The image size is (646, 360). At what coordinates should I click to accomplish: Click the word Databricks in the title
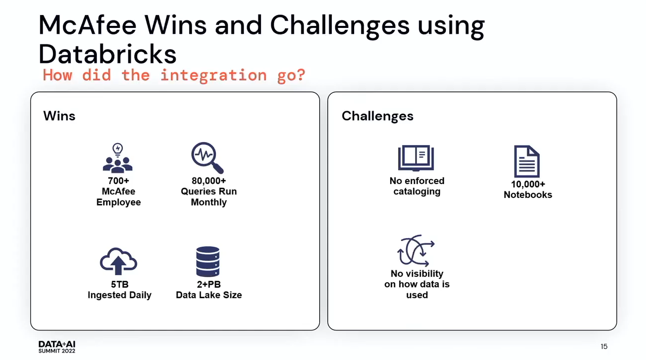coord(107,54)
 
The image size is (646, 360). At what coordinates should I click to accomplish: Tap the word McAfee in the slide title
coord(87,25)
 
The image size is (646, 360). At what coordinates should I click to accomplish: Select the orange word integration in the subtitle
coord(214,75)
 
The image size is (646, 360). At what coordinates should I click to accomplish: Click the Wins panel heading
coord(59,116)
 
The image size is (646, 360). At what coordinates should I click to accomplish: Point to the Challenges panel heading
coord(378,116)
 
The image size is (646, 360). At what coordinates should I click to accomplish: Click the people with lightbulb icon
coord(118,158)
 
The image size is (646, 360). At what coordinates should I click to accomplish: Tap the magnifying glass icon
coord(208,158)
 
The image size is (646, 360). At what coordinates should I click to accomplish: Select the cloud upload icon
coord(118,261)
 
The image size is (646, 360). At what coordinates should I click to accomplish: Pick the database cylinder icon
coord(208,261)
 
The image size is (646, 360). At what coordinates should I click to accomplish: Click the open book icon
coord(416,158)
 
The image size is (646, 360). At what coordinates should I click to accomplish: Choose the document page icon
coord(527,161)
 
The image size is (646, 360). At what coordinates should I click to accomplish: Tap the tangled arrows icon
coord(416,250)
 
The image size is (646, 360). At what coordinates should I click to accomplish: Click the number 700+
coord(119,180)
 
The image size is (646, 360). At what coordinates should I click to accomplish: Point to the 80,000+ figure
coord(209,180)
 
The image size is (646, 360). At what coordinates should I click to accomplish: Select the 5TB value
coord(119,284)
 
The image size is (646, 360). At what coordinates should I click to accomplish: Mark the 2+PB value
coord(209,284)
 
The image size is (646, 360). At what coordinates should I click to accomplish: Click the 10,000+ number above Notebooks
coord(528,184)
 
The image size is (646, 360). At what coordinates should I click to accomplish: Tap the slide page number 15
coord(604,347)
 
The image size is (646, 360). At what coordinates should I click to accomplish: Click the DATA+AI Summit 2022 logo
coord(57,347)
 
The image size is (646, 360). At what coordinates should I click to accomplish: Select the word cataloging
coord(417,191)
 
